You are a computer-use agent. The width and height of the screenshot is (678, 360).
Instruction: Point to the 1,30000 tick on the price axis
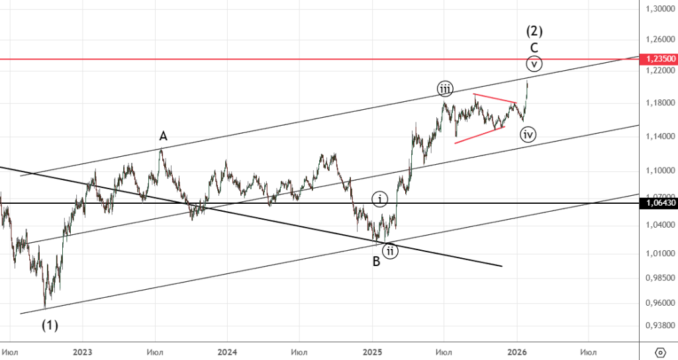click(658, 9)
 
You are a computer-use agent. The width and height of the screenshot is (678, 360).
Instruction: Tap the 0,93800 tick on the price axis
click(658, 326)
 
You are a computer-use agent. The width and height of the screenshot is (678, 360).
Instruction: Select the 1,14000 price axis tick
click(658, 136)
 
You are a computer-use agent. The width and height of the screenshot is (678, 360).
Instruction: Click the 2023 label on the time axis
click(83, 351)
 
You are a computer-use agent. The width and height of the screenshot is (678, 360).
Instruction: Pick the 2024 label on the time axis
click(226, 351)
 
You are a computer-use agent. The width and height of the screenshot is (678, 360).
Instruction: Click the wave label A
click(163, 136)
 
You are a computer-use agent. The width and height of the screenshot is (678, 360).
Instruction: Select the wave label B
click(376, 261)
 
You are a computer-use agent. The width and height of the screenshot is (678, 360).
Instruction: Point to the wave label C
click(534, 48)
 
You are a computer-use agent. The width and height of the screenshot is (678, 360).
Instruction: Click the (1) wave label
click(50, 326)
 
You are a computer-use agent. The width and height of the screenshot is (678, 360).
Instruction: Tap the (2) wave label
click(534, 30)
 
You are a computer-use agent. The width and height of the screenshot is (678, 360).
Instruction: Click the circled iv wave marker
click(528, 134)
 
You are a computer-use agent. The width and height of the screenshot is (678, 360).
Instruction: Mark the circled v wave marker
click(534, 64)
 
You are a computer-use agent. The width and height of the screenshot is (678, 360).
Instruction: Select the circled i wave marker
click(379, 199)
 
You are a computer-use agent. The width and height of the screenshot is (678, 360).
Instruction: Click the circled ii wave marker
click(391, 251)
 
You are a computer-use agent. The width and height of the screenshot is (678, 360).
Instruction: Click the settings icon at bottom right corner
click(659, 351)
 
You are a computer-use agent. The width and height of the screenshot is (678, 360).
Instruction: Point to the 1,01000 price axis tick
click(658, 253)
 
